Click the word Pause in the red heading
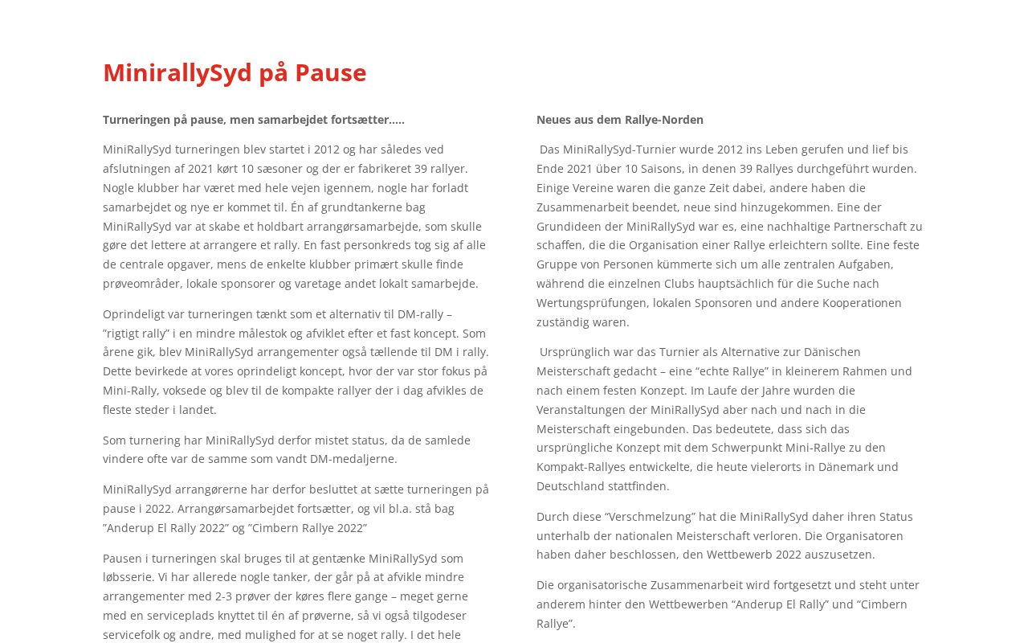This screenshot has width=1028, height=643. pyautogui.click(x=330, y=72)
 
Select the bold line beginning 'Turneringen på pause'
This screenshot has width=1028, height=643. pyautogui.click(x=254, y=120)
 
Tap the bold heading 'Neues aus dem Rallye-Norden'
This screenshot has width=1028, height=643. pyautogui.click(x=620, y=120)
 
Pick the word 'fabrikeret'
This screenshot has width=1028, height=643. pyautogui.click(x=390, y=169)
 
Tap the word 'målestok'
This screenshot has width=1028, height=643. pyautogui.click(x=369, y=334)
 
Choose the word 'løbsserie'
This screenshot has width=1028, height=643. pyautogui.click(x=130, y=577)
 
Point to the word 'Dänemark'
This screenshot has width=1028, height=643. pyautogui.click(x=838, y=467)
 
